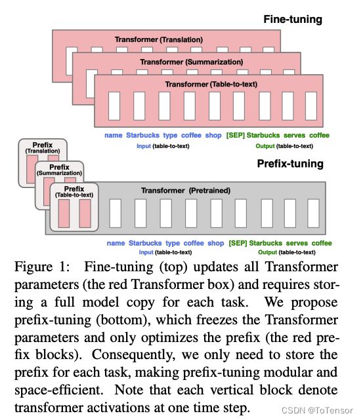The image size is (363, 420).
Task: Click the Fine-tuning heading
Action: [x=293, y=20]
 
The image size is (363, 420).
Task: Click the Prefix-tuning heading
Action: [x=290, y=164]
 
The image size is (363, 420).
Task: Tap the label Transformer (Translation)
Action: [x=159, y=40]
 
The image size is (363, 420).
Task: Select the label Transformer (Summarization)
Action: [x=191, y=62]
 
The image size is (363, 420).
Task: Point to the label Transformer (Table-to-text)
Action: [x=211, y=85]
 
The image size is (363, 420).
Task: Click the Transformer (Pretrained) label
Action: [x=186, y=191]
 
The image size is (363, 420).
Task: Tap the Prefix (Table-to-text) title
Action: [x=74, y=192]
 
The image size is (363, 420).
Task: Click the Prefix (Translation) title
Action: [x=43, y=148]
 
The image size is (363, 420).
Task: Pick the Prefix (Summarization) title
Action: [x=59, y=170]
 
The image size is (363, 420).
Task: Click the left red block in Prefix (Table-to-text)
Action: [x=64, y=214]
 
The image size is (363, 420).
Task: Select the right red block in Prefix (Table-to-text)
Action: [x=85, y=214]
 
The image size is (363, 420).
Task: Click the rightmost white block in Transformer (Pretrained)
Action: [x=313, y=213]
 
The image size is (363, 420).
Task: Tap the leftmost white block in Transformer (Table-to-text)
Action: [x=114, y=106]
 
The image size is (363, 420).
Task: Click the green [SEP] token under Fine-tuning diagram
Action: [x=235, y=135]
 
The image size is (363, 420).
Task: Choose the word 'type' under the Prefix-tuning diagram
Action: [x=173, y=243]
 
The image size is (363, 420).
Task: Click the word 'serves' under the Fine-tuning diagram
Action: [x=294, y=135]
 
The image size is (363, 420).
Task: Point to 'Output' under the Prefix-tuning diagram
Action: [x=267, y=252]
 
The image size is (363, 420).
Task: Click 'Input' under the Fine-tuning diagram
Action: [x=144, y=146]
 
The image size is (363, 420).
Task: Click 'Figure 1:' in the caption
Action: [x=41, y=267]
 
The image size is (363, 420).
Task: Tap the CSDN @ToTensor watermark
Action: [x=317, y=410]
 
